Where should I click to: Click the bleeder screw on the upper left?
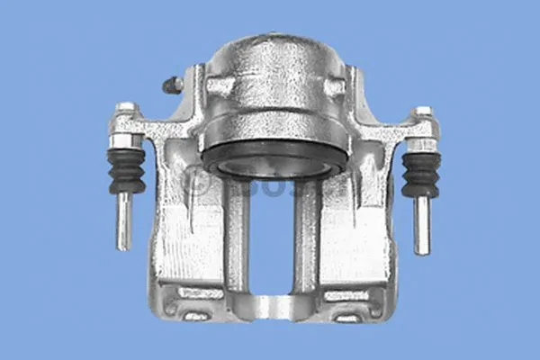click(x=171, y=85)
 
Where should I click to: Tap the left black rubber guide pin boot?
click(x=126, y=170)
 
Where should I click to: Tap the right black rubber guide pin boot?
click(x=420, y=174)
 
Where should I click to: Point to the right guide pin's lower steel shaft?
click(x=421, y=224)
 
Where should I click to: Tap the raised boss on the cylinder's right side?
click(x=335, y=87)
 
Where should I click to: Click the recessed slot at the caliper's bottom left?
click(x=196, y=315)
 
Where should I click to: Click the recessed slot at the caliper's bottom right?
click(x=349, y=317)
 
